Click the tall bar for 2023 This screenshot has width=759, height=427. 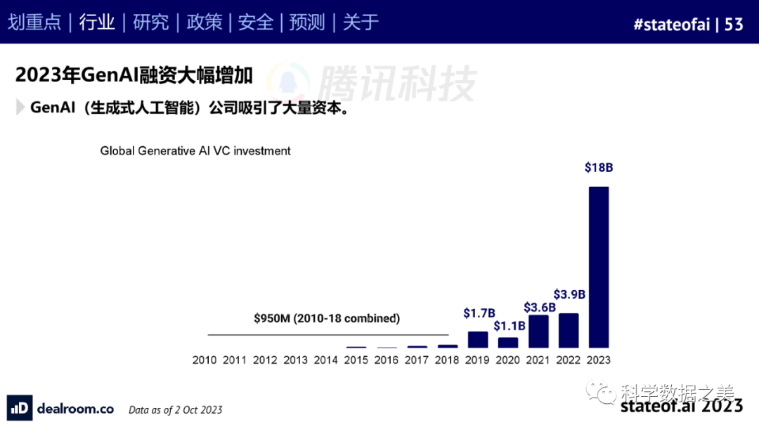pos(598,267)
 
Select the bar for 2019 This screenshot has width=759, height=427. pos(478,340)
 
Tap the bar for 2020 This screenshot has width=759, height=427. pos(508,343)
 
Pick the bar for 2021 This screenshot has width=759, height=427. pos(538,331)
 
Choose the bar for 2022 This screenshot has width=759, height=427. pos(569,330)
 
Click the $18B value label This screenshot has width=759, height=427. pos(599,168)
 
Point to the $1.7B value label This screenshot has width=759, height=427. pos(479,313)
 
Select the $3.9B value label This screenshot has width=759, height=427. pos(569,294)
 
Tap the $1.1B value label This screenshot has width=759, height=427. pos(508,326)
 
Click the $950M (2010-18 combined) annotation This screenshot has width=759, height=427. pos(327,318)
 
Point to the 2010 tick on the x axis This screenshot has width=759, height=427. pos(205,360)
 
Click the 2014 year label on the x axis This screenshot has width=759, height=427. pos(325,360)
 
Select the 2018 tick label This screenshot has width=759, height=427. pos(447,360)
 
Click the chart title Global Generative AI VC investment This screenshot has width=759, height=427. pos(195,150)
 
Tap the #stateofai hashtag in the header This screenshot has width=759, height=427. pos(671,25)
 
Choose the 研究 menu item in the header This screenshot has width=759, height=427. pos(151,22)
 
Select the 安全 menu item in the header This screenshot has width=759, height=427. pos(256,22)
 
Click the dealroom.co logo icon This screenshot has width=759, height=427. pos(20,408)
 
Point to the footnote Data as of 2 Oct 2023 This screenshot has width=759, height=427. pos(176,409)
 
